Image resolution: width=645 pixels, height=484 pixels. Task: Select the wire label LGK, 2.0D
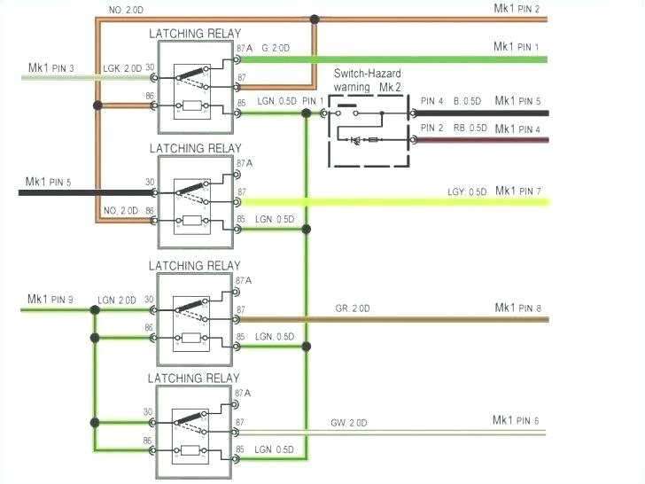tap(122, 69)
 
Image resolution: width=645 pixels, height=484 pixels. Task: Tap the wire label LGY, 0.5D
tap(465, 192)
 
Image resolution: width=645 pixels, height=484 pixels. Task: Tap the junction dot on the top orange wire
tap(315, 18)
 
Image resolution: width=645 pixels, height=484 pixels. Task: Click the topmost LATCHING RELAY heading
tap(194, 34)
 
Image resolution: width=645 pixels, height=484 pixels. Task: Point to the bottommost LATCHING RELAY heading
tap(194, 379)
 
